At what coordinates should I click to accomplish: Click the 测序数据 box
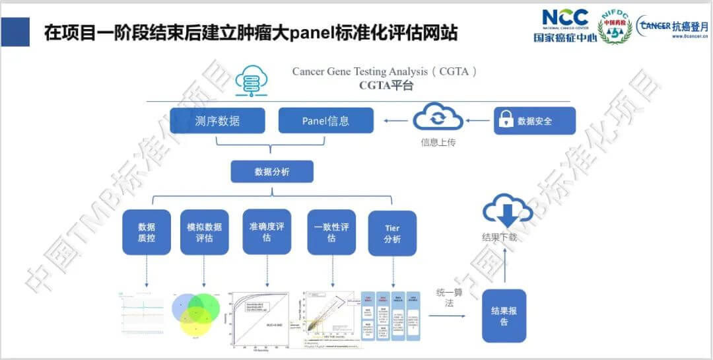click(x=217, y=121)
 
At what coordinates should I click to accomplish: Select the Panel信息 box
click(x=325, y=121)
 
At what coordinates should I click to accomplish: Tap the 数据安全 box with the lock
click(x=534, y=121)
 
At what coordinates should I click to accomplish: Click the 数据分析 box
click(x=271, y=172)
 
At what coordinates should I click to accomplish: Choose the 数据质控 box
click(x=147, y=233)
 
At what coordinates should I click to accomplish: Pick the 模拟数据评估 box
click(x=204, y=233)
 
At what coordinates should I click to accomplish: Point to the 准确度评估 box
click(x=267, y=231)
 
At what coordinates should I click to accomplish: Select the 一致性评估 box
click(x=331, y=232)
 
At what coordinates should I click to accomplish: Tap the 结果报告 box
click(x=504, y=315)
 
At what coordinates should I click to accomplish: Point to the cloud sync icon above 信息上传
click(x=437, y=120)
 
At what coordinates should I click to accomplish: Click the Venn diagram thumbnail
click(x=195, y=315)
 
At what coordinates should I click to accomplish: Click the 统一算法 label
click(x=450, y=297)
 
